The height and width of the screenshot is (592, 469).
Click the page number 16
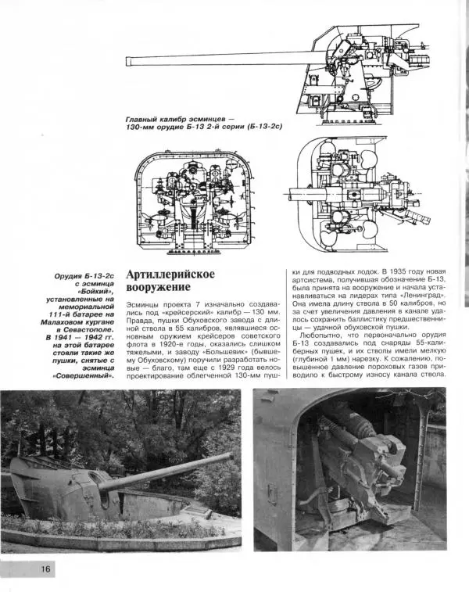[45, 569]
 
